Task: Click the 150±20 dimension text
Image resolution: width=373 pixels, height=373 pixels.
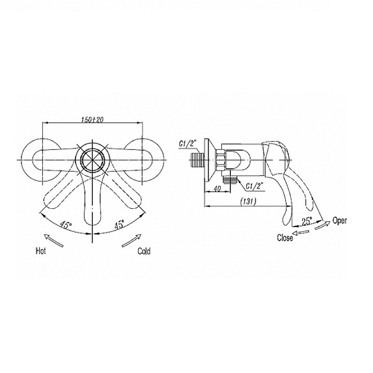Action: click(x=93, y=120)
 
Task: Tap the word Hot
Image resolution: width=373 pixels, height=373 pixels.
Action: click(x=41, y=251)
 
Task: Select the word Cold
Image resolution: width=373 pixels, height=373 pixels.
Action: click(x=144, y=251)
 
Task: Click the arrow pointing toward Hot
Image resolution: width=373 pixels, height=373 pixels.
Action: click(x=54, y=241)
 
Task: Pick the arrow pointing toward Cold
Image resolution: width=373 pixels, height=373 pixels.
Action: click(x=131, y=241)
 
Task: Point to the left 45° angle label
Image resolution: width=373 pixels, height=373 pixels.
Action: click(x=66, y=224)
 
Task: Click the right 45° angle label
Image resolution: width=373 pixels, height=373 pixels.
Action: click(x=119, y=224)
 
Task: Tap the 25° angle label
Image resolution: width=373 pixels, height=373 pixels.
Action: click(x=307, y=221)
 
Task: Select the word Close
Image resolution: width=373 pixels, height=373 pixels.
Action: click(x=285, y=238)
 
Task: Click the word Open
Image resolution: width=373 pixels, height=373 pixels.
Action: click(x=339, y=221)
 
